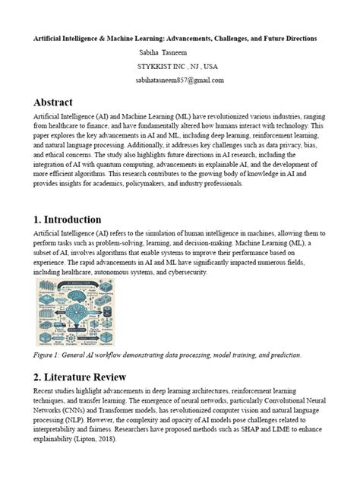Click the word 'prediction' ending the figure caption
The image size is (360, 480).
(x=283, y=355)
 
